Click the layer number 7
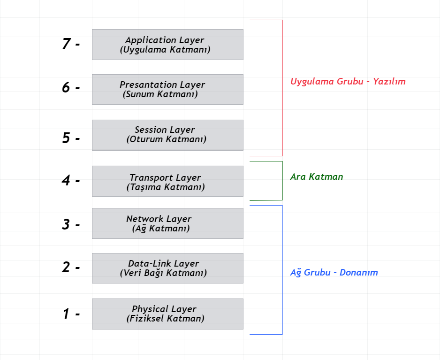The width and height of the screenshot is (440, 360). point(67,44)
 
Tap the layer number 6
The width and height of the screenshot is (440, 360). point(66,87)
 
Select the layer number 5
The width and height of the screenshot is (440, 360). point(66,138)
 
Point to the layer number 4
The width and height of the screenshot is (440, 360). point(66,180)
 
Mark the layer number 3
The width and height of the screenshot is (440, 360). point(66,224)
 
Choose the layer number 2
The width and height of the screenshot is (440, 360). point(66,267)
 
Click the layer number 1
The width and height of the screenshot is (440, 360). point(66,314)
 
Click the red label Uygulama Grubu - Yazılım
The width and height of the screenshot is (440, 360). point(348,81)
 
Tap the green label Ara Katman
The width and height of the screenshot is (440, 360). point(317,177)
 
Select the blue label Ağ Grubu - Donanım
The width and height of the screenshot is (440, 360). point(334,272)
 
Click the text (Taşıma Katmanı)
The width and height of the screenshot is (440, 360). point(166,187)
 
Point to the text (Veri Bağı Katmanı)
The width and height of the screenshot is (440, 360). point(163,273)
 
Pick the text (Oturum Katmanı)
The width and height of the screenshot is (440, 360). point(166,139)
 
